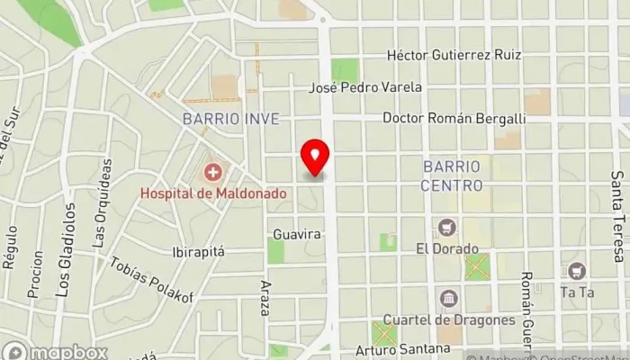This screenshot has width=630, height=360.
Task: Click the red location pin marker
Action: coord(316,157)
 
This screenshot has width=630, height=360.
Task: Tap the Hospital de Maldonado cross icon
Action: coord(213,171)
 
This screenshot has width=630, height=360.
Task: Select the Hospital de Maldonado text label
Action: coord(213,193)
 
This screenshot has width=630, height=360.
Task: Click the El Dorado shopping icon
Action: coord(446,226)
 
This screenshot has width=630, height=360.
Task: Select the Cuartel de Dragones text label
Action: coord(448,319)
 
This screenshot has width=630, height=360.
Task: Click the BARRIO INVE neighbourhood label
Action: coord(230,119)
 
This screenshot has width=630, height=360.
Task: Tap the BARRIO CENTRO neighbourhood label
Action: coord(452,175)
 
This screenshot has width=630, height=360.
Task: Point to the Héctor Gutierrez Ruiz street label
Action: coord(454,55)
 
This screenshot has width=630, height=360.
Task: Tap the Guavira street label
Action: coord(298,234)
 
